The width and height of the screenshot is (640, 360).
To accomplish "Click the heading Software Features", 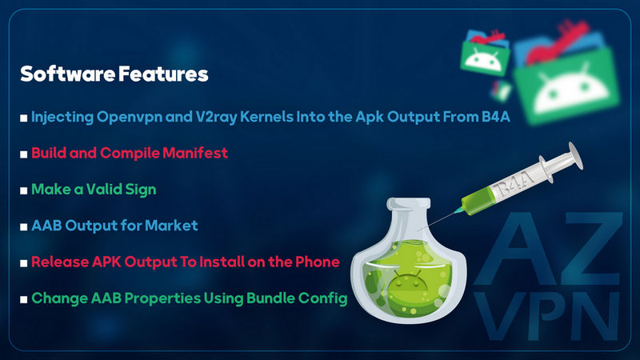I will (114, 74).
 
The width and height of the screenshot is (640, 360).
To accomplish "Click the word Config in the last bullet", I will (327, 298).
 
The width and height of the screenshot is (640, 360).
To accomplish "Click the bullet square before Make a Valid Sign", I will (24, 190).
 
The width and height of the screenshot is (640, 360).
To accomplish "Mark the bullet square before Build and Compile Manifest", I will (24, 154).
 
